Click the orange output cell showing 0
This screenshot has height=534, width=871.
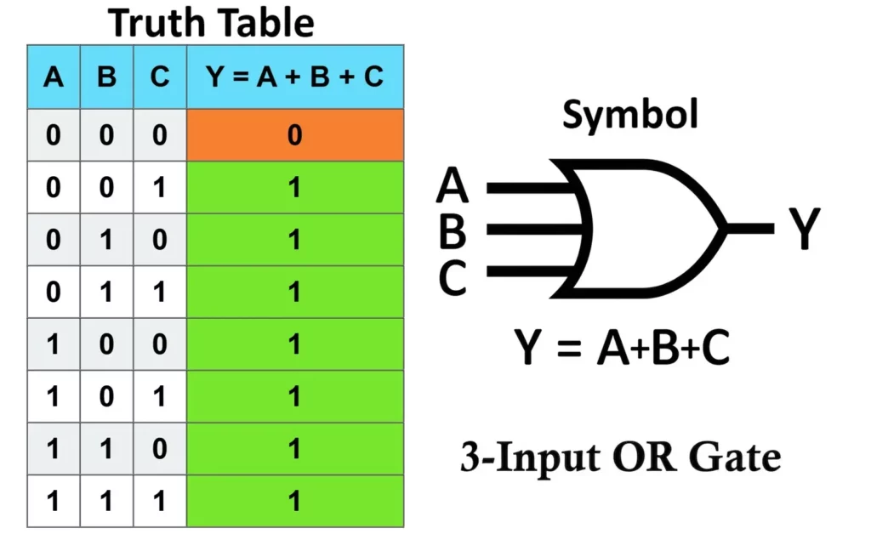(x=294, y=135)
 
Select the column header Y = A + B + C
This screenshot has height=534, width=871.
(x=294, y=77)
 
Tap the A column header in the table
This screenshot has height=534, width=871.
(x=54, y=77)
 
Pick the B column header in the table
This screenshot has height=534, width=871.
(x=106, y=77)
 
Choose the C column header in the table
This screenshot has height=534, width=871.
(x=160, y=77)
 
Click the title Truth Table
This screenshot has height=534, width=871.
(x=212, y=23)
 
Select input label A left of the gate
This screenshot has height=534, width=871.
(x=453, y=185)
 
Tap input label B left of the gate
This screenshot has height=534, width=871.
(x=453, y=230)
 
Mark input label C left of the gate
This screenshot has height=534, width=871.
(x=453, y=277)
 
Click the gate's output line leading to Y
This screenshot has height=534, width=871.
(x=749, y=228)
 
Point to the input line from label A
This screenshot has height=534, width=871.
(x=527, y=185)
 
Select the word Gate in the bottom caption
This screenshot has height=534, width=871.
(x=735, y=458)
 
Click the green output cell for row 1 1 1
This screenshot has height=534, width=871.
(x=294, y=502)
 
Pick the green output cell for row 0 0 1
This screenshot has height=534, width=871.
(x=294, y=188)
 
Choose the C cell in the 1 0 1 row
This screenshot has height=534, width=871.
(x=160, y=397)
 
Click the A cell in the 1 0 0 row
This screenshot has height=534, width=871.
(x=54, y=344)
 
